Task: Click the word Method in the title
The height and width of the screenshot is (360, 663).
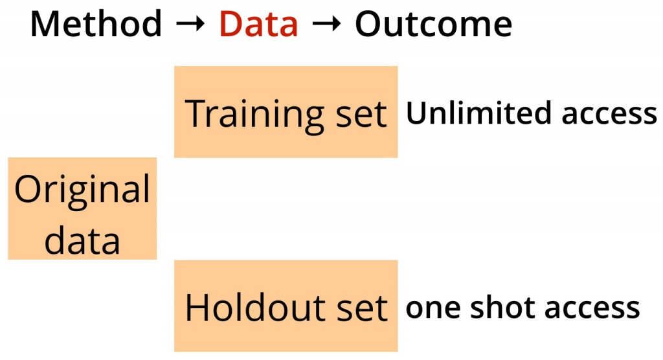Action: pos(96,24)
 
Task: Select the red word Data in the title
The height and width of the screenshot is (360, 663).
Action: pos(259,24)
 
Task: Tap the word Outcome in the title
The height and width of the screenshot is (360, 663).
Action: pos(433,24)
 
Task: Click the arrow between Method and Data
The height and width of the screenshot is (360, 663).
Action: pos(190,25)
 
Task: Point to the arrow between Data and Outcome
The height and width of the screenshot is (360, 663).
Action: pos(326,25)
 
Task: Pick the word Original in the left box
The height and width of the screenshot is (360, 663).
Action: pos(82,190)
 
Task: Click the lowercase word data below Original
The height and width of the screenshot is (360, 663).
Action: pos(82,240)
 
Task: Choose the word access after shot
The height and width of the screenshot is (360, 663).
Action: pos(592,309)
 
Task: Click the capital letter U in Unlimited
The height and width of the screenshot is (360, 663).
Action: pos(416,113)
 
